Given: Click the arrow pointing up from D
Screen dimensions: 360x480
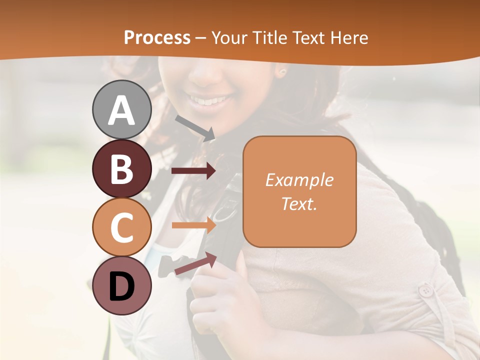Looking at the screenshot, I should coord(195,263).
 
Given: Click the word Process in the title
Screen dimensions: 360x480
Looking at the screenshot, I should coord(157,37).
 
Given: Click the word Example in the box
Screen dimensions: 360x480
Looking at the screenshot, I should coord(299,180).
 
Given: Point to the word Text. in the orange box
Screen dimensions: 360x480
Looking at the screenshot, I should coord(299,203).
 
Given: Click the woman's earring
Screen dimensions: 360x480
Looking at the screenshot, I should coord(281,72).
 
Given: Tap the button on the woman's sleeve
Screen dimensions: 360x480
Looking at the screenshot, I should coord(426,290).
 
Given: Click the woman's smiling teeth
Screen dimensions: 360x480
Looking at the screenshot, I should coord(209,100).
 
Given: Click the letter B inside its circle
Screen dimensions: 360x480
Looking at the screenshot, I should coord(121,169).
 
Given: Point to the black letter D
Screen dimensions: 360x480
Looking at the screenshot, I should coord(122,287).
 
